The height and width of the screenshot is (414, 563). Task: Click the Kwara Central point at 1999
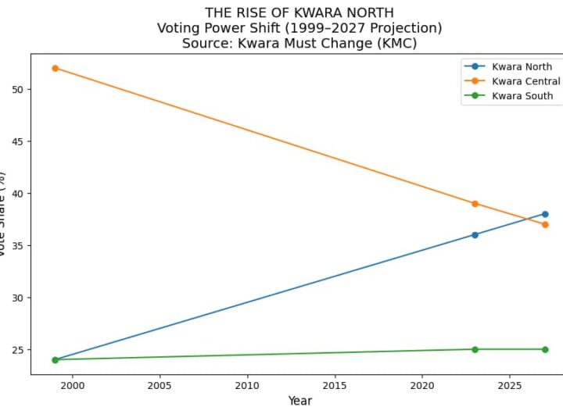point(55,68)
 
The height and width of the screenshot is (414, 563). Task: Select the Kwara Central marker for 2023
point(475,203)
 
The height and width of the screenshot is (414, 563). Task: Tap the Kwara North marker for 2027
point(545,214)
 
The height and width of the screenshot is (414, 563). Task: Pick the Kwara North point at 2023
point(475,234)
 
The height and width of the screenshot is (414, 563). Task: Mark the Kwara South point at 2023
point(475,349)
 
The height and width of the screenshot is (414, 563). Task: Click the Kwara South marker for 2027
point(545,349)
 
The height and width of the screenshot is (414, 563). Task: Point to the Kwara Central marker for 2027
point(545,224)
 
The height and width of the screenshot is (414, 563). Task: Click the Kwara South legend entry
point(522,96)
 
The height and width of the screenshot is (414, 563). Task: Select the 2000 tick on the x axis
point(72,385)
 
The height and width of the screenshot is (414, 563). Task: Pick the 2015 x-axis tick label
point(335,385)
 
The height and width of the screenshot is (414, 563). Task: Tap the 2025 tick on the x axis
point(510,385)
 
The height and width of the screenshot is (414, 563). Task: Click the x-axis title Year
point(299,401)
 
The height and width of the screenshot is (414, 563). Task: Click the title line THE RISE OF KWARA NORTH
point(299,12)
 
